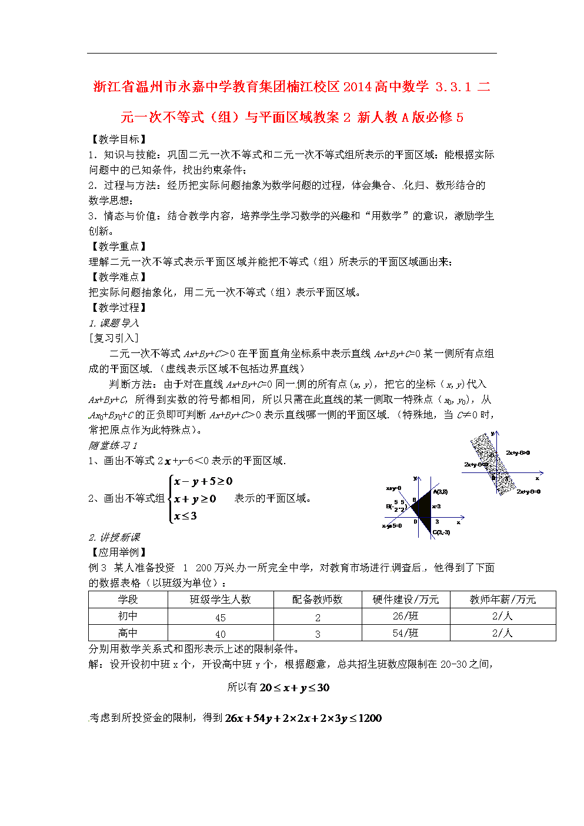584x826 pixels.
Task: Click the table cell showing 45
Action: point(221,617)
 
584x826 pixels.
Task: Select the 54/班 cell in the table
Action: point(405,633)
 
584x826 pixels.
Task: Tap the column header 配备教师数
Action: point(317,599)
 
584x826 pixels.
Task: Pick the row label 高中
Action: point(128,633)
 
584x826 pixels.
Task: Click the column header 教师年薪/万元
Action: point(502,599)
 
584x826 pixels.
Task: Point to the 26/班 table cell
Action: point(405,616)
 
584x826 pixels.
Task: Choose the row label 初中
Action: point(128,616)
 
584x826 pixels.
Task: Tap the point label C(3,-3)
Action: point(441,532)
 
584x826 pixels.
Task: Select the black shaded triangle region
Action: point(422,506)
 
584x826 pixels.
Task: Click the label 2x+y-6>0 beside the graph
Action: point(518,453)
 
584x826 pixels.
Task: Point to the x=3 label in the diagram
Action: point(436,507)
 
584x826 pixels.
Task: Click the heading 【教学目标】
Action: point(118,139)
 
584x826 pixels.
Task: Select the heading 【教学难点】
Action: point(118,277)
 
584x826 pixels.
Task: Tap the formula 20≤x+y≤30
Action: point(294,688)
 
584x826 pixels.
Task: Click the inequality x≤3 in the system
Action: point(185,516)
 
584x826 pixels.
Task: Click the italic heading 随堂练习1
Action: point(113,445)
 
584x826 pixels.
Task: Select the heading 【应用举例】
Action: point(118,552)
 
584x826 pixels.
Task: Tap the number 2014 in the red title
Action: point(358,87)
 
